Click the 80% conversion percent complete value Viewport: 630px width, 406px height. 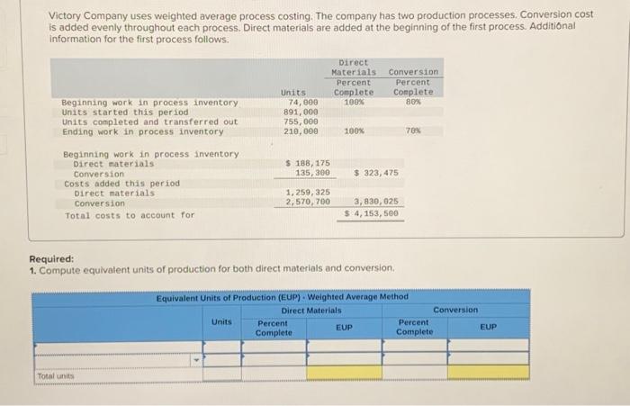pos(413,102)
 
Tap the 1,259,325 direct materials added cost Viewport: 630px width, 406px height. pos(307,193)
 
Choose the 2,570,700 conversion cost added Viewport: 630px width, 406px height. pos(307,203)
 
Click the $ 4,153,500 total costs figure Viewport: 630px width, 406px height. pos(373,214)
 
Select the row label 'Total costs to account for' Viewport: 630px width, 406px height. pos(130,215)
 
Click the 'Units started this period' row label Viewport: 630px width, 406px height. pos(119,112)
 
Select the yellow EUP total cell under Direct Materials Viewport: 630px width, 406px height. pos(344,372)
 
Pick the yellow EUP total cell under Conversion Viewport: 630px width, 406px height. pos(488,372)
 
